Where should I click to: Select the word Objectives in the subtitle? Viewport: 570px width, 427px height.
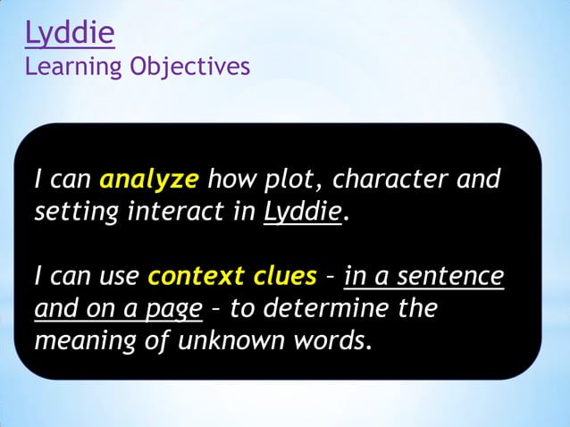(190, 67)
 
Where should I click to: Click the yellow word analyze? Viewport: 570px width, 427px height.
(148, 180)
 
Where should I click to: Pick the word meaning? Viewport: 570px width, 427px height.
(81, 342)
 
